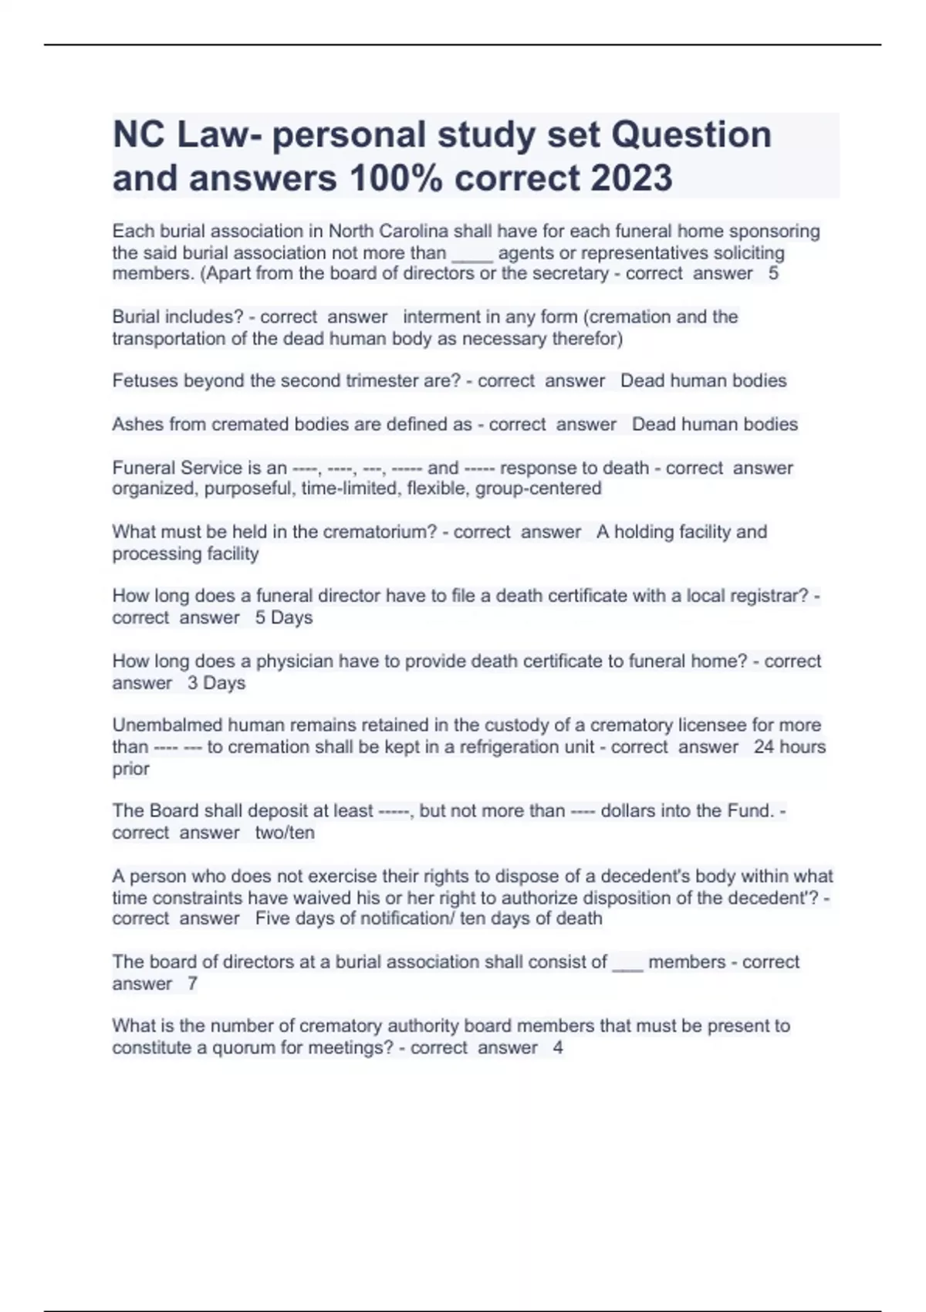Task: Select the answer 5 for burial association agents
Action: [x=773, y=274]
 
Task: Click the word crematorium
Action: [x=379, y=533]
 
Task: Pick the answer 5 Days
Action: [x=284, y=618]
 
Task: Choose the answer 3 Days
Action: [x=216, y=683]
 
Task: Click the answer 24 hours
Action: [x=789, y=747]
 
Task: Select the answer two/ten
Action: [x=285, y=834]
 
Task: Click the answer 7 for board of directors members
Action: [x=192, y=984]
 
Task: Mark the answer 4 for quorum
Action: [x=558, y=1048]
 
